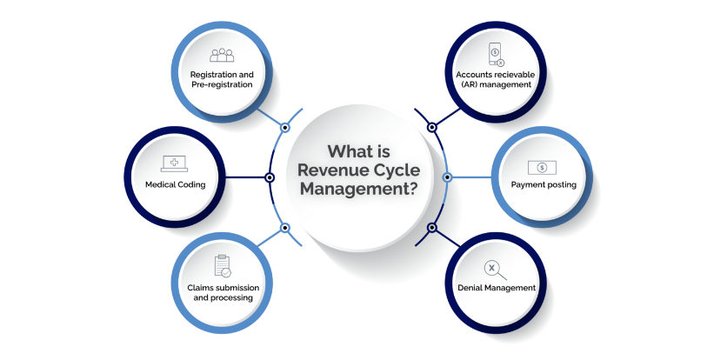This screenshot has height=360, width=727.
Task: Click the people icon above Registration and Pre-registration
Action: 222,55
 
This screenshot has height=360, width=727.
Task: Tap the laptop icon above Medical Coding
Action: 175,163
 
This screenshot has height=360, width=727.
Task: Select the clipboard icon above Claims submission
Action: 221,266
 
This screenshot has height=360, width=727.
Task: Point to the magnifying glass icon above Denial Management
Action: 497,269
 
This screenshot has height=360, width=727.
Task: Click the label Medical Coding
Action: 175,184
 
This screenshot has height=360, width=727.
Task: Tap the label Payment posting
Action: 542,184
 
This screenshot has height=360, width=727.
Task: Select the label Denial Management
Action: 497,288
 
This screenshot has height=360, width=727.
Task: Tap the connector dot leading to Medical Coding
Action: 270,177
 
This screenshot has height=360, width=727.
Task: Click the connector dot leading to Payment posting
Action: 447,177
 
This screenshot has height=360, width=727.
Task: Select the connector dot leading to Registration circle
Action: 284,127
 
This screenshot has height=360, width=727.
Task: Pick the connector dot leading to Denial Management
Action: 432,228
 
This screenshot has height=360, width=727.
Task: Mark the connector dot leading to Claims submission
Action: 284,228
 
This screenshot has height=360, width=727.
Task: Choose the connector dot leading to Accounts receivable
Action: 432,127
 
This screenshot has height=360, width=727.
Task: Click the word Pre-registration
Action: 222,85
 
